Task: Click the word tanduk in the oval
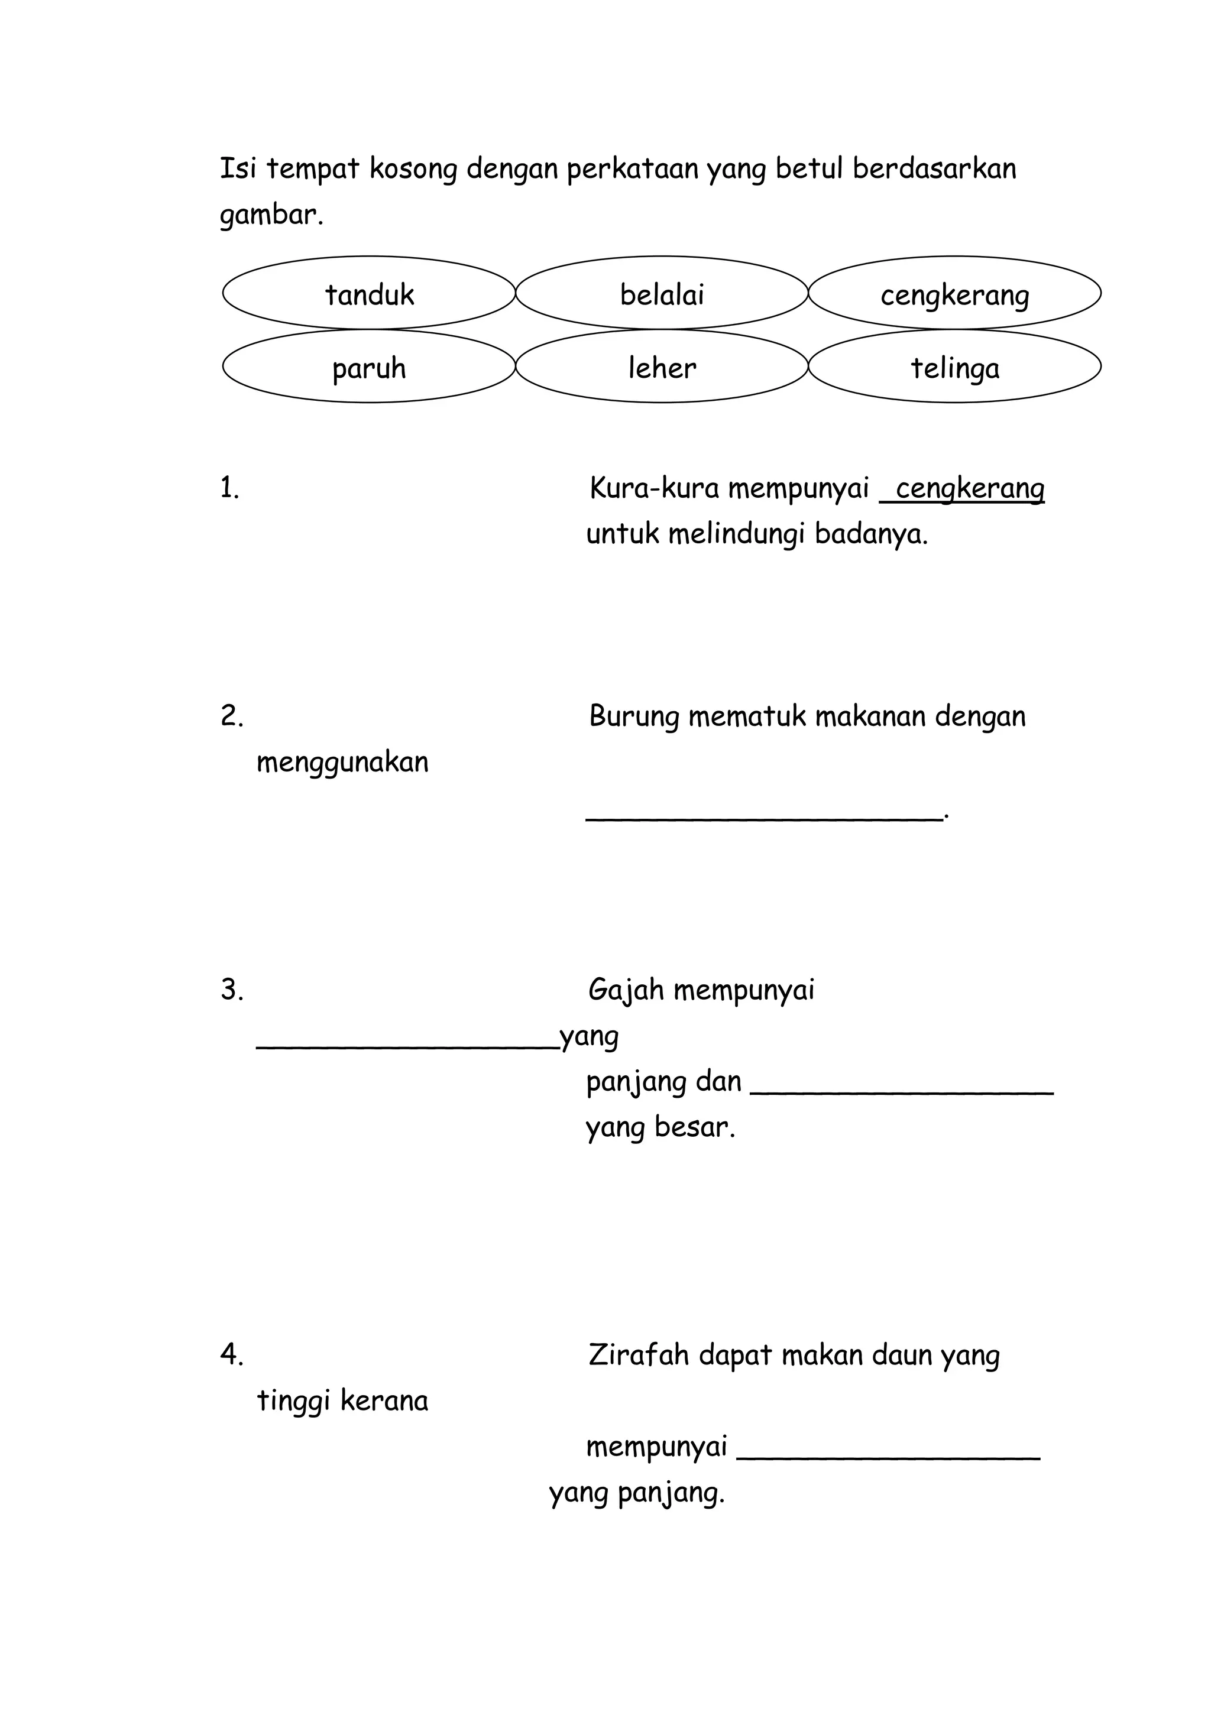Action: point(369,294)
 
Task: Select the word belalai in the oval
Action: point(662,294)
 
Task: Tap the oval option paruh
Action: point(369,368)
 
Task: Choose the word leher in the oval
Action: point(662,368)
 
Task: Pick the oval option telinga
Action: point(954,368)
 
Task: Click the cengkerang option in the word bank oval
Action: point(954,295)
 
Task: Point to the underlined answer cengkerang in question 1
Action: point(969,489)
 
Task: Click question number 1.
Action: point(229,488)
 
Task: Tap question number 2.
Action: point(232,716)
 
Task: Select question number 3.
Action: point(232,990)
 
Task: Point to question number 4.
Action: point(232,1354)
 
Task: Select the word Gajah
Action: point(626,990)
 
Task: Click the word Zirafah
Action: point(638,1354)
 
